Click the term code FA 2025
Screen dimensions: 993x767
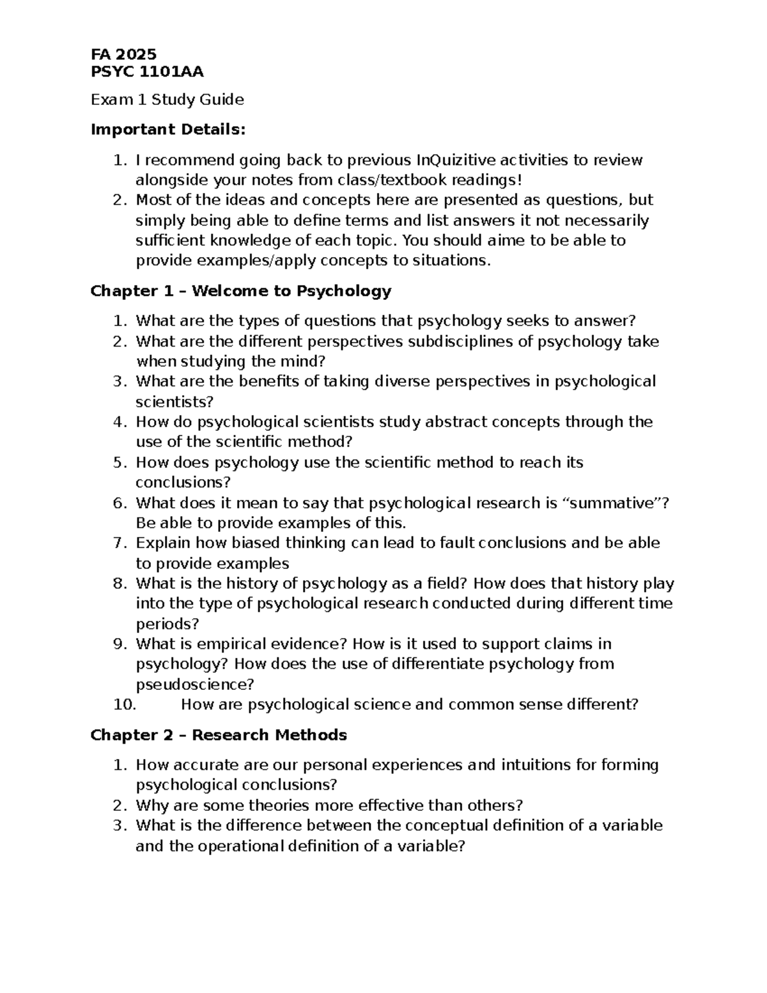coord(123,54)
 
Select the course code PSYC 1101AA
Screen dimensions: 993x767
coord(147,72)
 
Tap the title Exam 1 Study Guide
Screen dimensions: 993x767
coord(167,100)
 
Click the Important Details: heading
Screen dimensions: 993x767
coord(167,130)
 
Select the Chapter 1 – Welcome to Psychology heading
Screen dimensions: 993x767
coord(240,292)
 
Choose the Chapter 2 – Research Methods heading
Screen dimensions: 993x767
coord(219,735)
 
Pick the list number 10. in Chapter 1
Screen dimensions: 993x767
coord(124,705)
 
